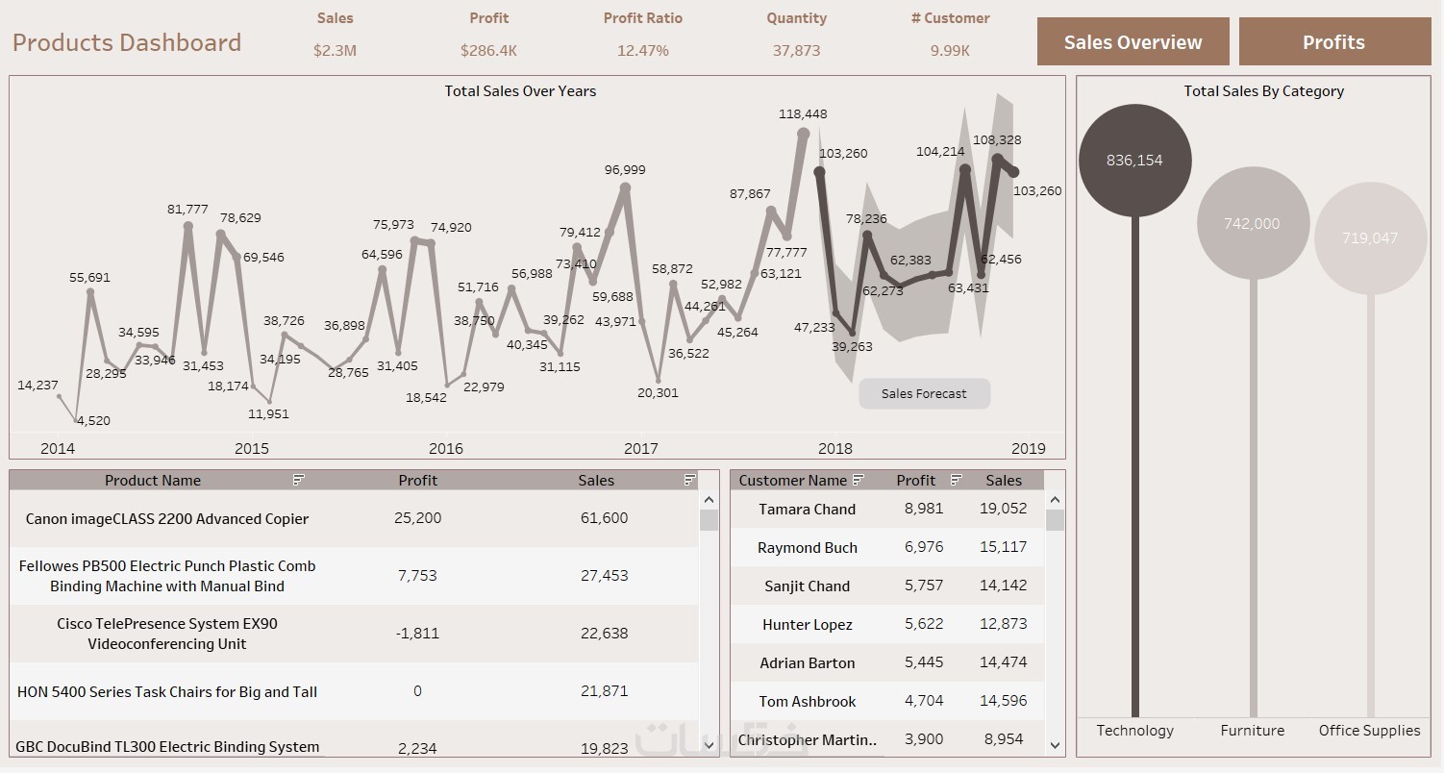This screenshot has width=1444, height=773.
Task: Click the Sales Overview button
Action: (1133, 42)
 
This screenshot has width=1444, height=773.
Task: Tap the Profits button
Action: (1333, 42)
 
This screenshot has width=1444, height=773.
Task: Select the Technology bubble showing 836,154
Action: (1134, 161)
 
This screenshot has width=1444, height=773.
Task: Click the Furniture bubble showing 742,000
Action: (1252, 223)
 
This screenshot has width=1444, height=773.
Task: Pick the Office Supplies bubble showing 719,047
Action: (1369, 237)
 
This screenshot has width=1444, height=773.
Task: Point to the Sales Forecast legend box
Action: (924, 393)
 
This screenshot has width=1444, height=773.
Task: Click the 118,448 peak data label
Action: (803, 113)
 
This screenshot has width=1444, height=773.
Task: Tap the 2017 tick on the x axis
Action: (641, 448)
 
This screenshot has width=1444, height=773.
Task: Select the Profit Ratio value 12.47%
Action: (642, 50)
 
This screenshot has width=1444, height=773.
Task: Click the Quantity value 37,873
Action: (796, 50)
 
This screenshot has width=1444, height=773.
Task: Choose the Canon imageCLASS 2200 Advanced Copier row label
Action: (167, 518)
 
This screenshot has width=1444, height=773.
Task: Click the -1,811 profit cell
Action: (417, 633)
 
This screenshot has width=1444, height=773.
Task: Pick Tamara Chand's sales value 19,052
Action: (1004, 509)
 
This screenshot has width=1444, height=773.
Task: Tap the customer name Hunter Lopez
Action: (808, 624)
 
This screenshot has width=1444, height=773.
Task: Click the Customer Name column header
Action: (793, 480)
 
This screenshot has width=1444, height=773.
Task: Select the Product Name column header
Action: (153, 480)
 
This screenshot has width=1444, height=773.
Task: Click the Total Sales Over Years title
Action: (520, 91)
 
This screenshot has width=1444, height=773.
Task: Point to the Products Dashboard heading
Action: (127, 42)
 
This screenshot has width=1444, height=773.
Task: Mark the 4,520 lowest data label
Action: (93, 420)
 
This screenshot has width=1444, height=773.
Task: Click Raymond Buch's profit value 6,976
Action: (924, 547)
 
